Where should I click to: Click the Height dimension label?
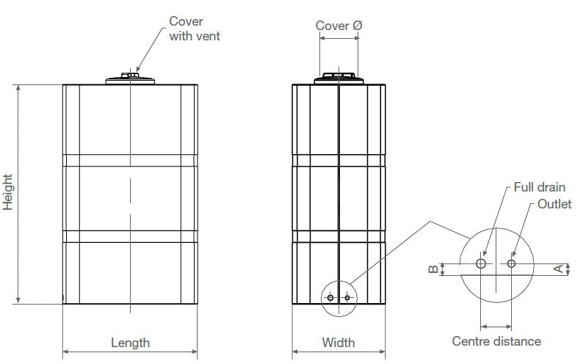pos(8,192)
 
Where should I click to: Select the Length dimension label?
pos(130,343)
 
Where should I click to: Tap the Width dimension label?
pos(339,342)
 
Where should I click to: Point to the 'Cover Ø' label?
pos(339,26)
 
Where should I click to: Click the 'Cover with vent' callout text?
pos(195,29)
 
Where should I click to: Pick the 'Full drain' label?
pos(539,187)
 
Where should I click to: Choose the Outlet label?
pos(554,204)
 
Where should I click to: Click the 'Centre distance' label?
pos(496,341)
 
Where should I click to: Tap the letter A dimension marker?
pos(558,269)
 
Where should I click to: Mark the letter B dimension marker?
pos(433,269)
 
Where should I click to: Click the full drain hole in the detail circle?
pos(481,263)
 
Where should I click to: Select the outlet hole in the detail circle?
pos(511,263)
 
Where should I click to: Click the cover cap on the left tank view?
pos(130,79)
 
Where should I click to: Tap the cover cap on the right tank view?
pos(339,79)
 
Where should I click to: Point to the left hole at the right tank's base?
pos(330,297)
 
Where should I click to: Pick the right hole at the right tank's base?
pos(347,297)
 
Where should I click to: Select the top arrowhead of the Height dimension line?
pos(18,88)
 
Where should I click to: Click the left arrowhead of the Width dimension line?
pos(295,352)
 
